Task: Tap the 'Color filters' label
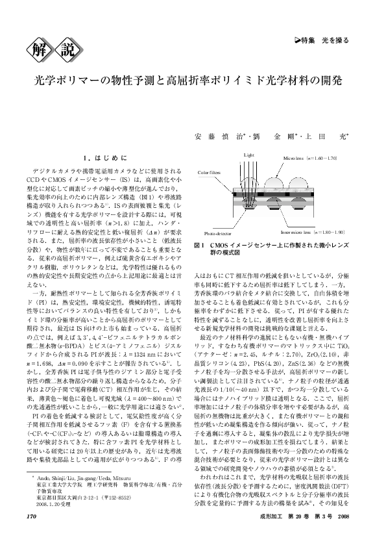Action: pyautogui.click(x=210, y=173)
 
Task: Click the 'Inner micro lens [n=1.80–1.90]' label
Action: pyautogui.click(x=308, y=232)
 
